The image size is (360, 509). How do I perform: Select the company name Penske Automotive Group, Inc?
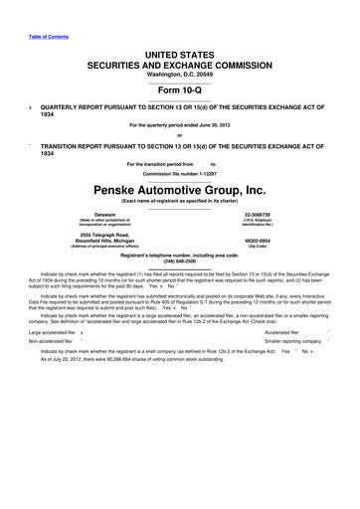point(180,187)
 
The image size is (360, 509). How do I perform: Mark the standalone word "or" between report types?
point(179,136)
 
